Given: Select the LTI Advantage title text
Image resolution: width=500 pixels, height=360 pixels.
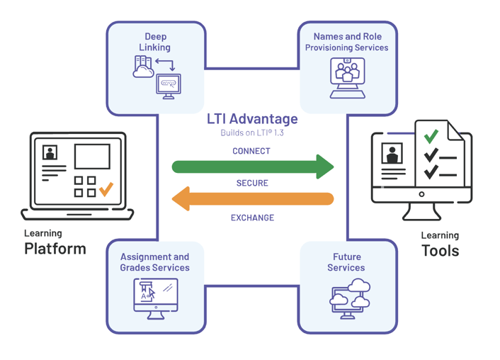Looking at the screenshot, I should tap(252, 119).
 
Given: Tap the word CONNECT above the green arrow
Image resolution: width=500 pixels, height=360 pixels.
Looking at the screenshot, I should tap(251, 151).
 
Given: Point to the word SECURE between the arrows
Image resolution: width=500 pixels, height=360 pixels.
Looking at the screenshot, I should tap(252, 183).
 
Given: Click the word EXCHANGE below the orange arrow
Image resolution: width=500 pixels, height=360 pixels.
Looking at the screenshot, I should tap(252, 218).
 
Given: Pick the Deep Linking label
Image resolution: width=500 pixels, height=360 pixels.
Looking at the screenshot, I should tap(156, 42).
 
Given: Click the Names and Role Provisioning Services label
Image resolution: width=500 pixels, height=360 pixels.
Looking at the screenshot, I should tap(347, 42).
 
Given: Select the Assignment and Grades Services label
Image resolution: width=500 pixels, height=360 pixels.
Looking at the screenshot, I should tap(154, 262).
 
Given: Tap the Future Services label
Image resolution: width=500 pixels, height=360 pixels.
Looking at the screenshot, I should tap(346, 262).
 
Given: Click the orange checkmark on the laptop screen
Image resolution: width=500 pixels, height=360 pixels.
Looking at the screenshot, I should tap(106, 189).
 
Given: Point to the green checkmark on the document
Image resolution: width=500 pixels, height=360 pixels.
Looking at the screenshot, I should tap(430, 135).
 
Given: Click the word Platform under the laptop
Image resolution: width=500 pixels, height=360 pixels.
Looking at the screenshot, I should tap(55, 249).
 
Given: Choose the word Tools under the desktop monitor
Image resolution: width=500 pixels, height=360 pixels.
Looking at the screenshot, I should tap(440, 251).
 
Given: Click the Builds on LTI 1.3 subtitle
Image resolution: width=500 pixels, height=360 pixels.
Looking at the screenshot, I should tap(252, 133).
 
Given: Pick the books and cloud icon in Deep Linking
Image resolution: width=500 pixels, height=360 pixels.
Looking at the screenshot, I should tap(144, 67).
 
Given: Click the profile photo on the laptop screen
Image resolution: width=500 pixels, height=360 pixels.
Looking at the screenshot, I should tap(50, 153).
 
